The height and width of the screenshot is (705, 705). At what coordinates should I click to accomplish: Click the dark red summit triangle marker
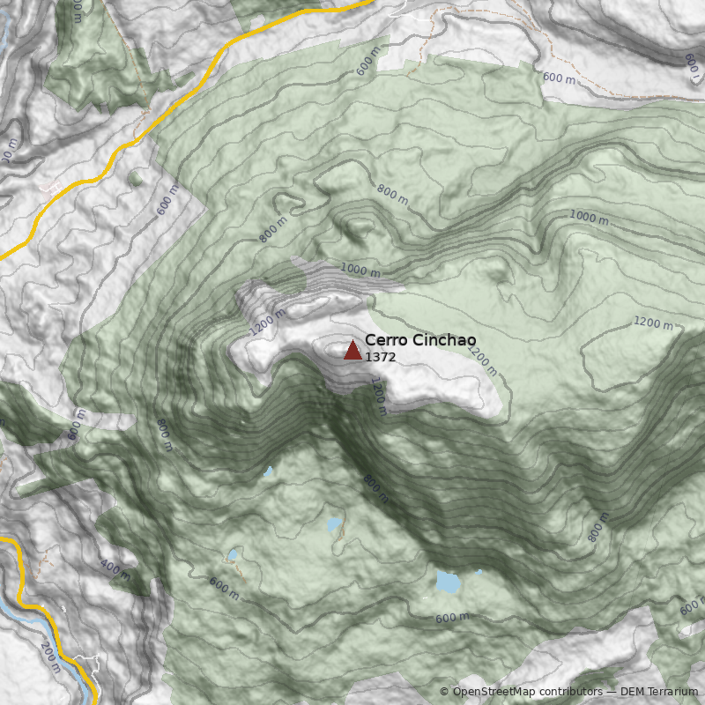pyautogui.click(x=352, y=351)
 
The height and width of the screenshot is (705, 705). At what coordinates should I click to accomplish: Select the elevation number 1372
pyautogui.click(x=381, y=358)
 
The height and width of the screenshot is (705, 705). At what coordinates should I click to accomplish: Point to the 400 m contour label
pyautogui.click(x=115, y=569)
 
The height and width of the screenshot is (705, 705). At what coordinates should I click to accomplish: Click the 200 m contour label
pyautogui.click(x=51, y=657)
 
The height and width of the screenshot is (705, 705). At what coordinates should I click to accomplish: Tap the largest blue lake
pyautogui.click(x=448, y=582)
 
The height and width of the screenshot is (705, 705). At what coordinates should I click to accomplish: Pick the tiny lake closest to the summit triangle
pyautogui.click(x=268, y=471)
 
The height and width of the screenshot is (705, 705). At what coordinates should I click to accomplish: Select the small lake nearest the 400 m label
pyautogui.click(x=233, y=555)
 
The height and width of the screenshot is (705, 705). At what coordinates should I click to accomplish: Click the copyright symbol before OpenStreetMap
pyautogui.click(x=444, y=692)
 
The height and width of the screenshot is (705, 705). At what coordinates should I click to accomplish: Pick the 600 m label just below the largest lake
pyautogui.click(x=452, y=618)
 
